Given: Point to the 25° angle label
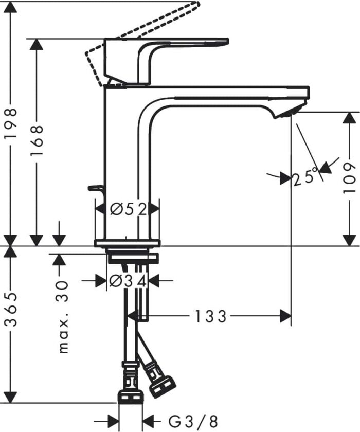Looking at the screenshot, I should point(303,178).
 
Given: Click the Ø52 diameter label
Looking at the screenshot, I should point(128,209).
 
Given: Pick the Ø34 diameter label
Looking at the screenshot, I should point(128,281).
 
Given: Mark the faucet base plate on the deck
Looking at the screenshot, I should point(127,243).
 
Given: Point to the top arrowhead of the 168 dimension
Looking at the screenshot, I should point(37,44).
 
